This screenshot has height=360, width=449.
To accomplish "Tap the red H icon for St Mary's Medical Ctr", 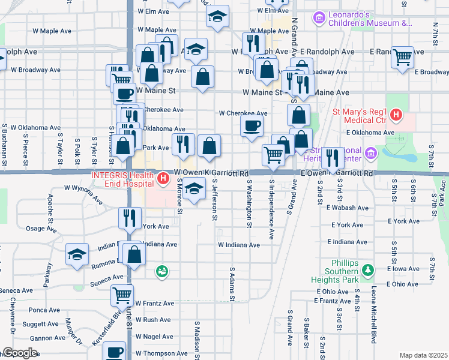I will (396, 115).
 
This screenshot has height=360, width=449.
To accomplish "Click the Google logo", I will (20, 353).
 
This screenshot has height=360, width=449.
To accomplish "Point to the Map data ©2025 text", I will (423, 355).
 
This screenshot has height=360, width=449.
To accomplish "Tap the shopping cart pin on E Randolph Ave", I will (402, 58).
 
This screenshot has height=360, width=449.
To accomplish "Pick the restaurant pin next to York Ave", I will (130, 218).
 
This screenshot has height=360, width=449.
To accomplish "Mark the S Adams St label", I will (231, 284).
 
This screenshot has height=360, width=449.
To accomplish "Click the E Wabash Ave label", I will (346, 208).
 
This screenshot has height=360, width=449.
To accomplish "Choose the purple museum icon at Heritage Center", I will (371, 154).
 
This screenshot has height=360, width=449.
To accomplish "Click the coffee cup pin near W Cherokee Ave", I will (252, 125).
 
